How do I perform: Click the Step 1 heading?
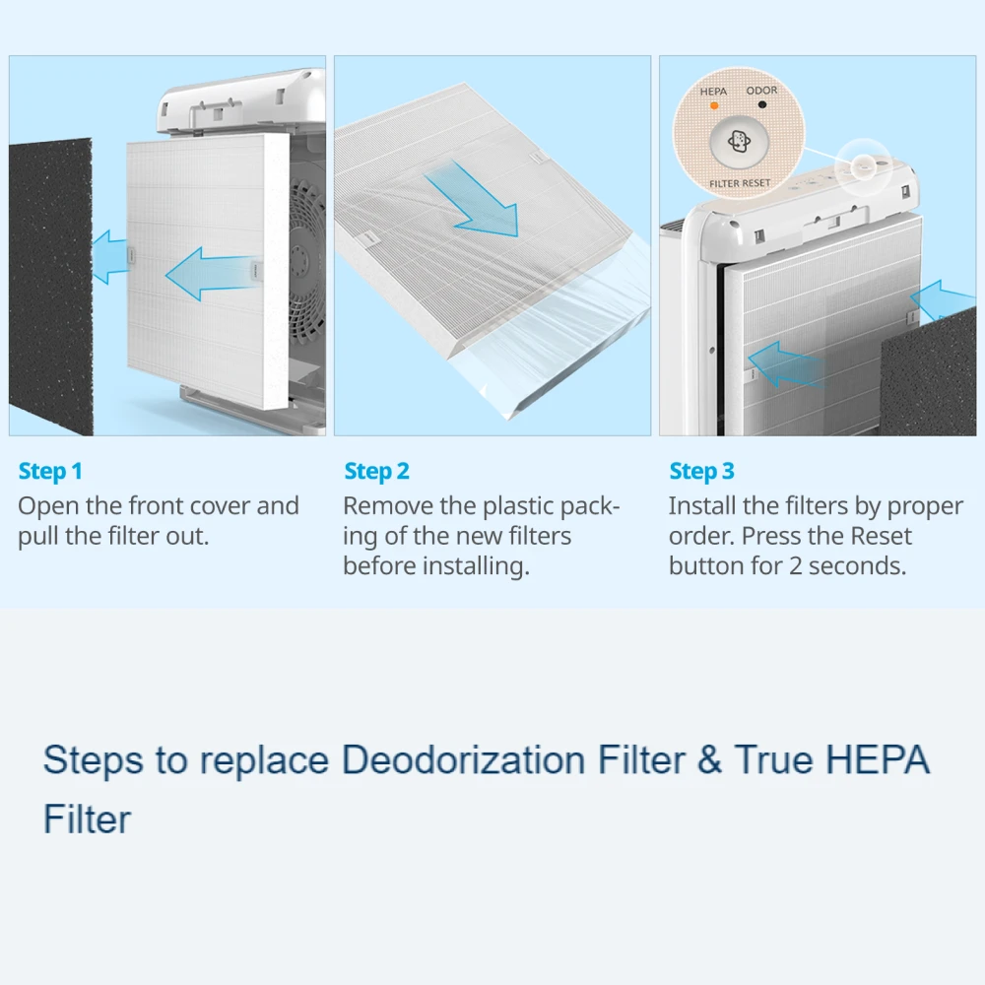point(50,471)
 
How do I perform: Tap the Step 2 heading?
point(376,471)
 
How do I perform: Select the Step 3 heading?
point(701,471)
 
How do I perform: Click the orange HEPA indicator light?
point(713,105)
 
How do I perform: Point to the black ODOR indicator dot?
point(762,104)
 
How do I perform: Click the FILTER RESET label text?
point(740,183)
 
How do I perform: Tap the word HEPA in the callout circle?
point(713,92)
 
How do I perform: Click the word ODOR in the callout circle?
point(761,91)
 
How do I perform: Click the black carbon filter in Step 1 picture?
point(51,286)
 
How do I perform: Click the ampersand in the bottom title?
point(708,759)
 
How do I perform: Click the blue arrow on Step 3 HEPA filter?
point(785,365)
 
